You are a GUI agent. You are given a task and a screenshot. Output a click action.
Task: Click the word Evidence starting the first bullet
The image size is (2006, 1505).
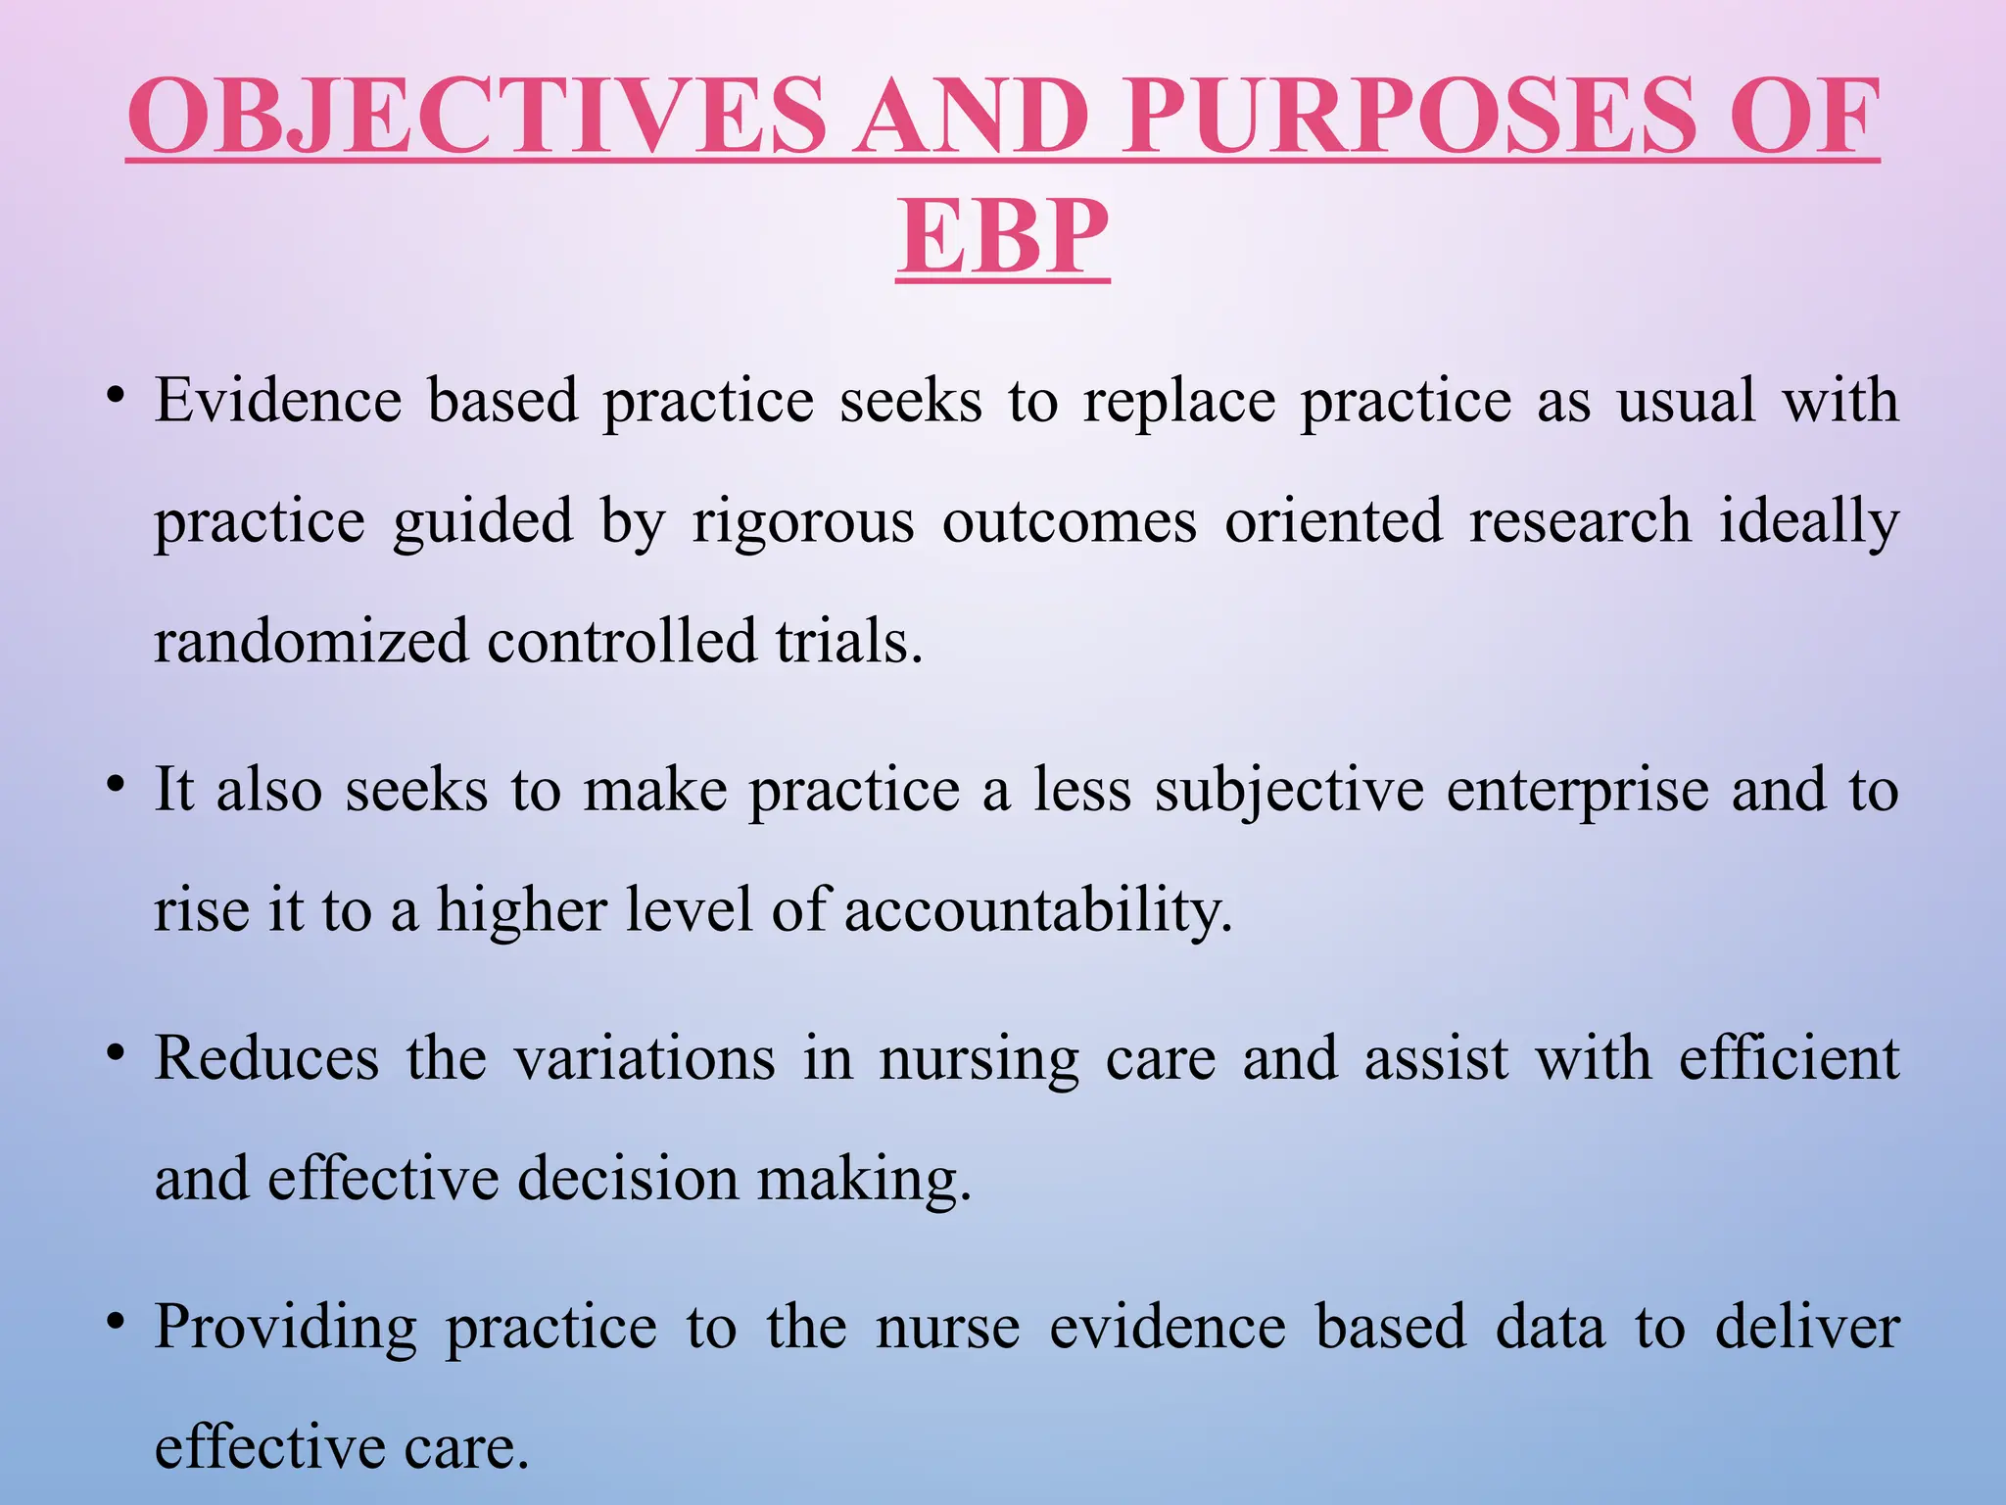point(278,401)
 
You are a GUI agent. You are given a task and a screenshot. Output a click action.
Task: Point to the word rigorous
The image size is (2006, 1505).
point(803,521)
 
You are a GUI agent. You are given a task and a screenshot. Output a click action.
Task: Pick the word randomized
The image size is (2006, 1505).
point(311,642)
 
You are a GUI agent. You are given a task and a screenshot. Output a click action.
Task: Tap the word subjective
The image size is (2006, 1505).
point(1289,790)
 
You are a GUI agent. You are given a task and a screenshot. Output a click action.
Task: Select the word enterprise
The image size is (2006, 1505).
point(1577,790)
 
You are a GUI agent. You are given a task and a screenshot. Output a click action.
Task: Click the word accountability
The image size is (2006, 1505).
point(1037,910)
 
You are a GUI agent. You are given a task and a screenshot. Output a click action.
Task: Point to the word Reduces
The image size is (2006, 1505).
point(266,1058)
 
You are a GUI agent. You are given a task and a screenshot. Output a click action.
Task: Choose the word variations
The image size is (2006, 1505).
point(645,1058)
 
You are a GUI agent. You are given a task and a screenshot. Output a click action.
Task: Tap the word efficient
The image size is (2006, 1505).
point(1790,1058)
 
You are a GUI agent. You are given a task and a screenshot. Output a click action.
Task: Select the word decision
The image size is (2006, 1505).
point(628,1179)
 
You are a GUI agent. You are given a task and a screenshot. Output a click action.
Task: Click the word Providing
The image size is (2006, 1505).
point(286,1328)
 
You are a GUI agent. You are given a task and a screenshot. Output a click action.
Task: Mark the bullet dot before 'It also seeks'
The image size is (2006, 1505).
point(117,785)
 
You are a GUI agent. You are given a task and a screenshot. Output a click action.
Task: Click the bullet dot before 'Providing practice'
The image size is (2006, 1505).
point(117,1323)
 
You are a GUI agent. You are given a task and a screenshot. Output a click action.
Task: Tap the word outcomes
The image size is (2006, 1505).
point(1070,521)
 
